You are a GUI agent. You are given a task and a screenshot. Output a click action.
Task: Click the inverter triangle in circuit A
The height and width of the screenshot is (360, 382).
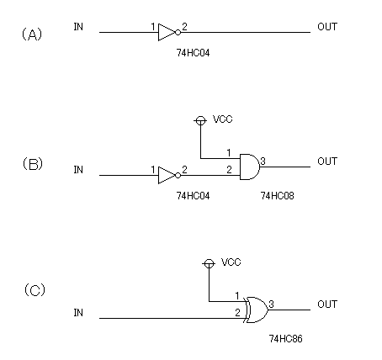(x=167, y=32)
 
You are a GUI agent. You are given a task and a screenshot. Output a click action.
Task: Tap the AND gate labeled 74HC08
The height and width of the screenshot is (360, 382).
(x=250, y=167)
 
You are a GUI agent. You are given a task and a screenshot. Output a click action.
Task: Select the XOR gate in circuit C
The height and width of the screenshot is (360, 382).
(x=257, y=310)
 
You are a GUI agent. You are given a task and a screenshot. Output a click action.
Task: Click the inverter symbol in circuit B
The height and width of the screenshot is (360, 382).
(x=169, y=175)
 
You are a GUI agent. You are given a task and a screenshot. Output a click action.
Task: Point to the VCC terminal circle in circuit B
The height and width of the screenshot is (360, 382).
(x=200, y=120)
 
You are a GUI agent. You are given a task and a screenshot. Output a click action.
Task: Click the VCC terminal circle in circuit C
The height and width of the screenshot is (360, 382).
(x=209, y=263)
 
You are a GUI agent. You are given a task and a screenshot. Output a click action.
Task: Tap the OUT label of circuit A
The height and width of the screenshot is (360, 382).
(x=327, y=27)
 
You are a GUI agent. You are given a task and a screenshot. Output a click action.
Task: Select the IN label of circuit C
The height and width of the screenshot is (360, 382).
(x=78, y=313)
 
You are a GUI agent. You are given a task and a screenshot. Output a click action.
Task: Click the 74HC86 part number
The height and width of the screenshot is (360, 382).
(x=286, y=339)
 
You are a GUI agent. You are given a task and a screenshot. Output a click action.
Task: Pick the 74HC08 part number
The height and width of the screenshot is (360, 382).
(x=278, y=196)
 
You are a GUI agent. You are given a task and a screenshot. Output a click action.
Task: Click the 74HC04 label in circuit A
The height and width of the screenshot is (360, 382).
(x=193, y=53)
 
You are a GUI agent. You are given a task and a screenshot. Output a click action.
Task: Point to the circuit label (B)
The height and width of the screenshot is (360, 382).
(x=33, y=164)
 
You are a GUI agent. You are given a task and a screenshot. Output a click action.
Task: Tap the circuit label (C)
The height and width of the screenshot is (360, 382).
(x=34, y=290)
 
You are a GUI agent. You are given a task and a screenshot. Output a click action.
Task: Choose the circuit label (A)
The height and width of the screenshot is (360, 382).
(x=32, y=34)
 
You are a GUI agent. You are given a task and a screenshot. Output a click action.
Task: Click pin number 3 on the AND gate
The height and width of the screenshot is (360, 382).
(x=263, y=161)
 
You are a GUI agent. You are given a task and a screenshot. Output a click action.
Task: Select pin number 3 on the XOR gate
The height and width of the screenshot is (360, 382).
(x=271, y=304)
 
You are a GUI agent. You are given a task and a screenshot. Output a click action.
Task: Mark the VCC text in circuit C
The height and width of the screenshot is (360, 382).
(x=231, y=262)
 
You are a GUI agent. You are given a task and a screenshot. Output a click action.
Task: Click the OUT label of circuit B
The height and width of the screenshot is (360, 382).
(x=327, y=161)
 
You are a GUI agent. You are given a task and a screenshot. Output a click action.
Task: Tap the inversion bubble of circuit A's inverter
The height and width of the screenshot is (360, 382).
(x=178, y=32)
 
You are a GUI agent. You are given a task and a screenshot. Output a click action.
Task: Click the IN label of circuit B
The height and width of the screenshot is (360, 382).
(x=78, y=170)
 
